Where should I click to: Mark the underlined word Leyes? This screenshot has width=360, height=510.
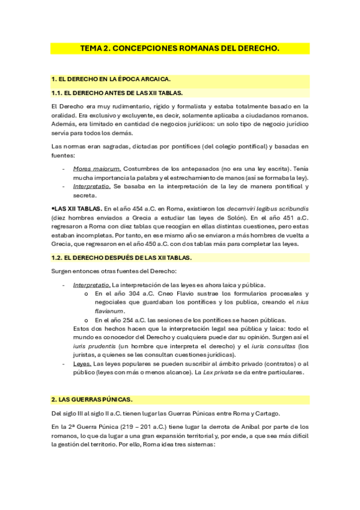coord(82,364)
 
